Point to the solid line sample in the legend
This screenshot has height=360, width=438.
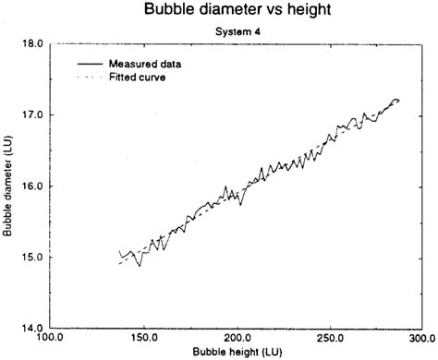[x=89, y=64]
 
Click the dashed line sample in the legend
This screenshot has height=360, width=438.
[x=89, y=77]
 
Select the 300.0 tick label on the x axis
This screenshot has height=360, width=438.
[x=421, y=339]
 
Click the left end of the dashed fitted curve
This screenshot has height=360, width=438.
[x=119, y=264]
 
